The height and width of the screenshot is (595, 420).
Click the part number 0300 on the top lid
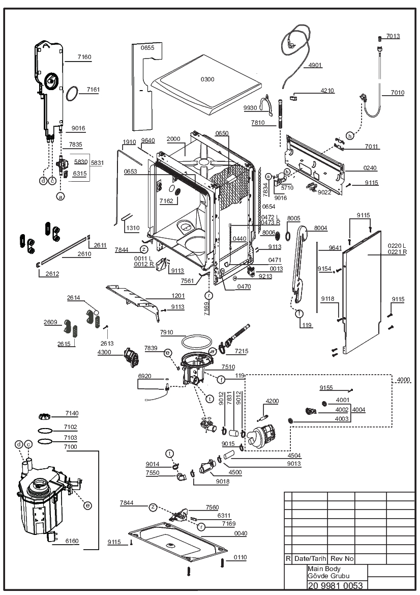click(207, 79)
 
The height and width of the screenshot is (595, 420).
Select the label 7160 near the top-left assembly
click(84, 57)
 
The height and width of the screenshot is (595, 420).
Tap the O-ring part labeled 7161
click(72, 94)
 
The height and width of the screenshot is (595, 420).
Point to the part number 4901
click(315, 65)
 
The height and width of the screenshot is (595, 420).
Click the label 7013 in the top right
click(393, 36)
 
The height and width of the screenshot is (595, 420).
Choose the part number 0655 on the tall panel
click(147, 48)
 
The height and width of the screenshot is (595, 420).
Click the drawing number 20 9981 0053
click(335, 585)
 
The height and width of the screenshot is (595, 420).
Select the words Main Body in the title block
click(324, 569)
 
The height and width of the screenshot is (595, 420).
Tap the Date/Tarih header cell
click(310, 558)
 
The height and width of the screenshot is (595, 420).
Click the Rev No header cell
click(342, 558)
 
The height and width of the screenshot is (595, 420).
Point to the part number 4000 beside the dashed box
click(403, 380)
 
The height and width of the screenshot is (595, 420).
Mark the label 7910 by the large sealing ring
click(166, 332)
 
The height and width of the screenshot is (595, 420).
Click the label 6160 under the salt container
click(72, 541)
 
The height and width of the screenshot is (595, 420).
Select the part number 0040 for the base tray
click(241, 533)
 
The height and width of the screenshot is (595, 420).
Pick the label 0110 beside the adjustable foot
click(240, 557)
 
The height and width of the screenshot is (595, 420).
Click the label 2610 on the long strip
click(84, 254)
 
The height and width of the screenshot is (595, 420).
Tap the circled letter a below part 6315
click(61, 196)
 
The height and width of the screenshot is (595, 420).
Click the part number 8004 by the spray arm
click(320, 228)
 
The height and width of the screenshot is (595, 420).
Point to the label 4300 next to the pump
click(104, 352)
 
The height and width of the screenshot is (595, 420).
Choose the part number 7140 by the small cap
click(72, 413)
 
